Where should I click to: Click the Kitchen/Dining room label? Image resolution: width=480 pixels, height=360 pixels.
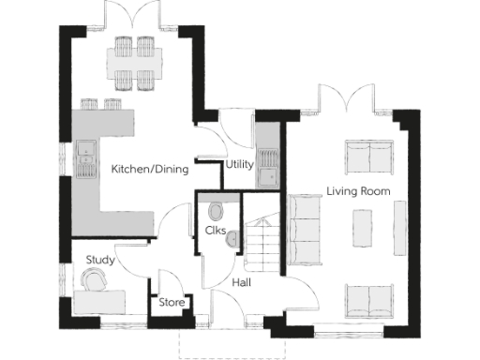tap(150, 170)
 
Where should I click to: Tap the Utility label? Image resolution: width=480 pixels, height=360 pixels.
tap(239, 166)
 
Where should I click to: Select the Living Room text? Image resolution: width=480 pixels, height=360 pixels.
tap(358, 191)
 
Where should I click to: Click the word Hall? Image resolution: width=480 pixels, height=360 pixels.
tap(240, 280)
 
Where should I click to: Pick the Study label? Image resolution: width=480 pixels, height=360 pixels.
tap(100, 259)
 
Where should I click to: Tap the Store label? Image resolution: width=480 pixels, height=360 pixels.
tap(171, 302)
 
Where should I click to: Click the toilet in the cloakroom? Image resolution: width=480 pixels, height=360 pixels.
tap(217, 207)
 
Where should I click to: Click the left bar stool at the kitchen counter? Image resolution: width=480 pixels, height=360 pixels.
tap(91, 103)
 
